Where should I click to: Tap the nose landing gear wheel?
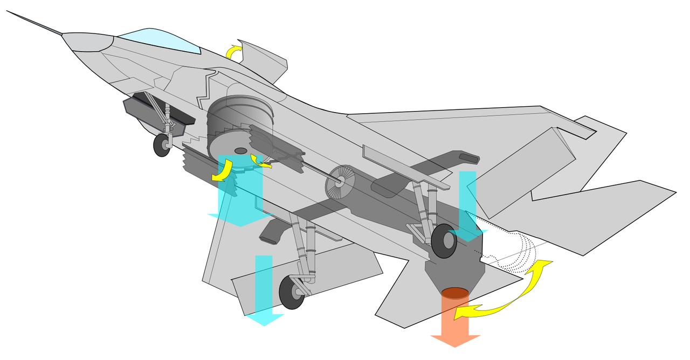pos(162,145)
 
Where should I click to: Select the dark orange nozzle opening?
pos(454,293)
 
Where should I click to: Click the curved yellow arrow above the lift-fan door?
pos(233,52)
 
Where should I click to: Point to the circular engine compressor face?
pos(340,183)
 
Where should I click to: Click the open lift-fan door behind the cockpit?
pos(264,59)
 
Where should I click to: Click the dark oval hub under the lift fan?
pos(241,150)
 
